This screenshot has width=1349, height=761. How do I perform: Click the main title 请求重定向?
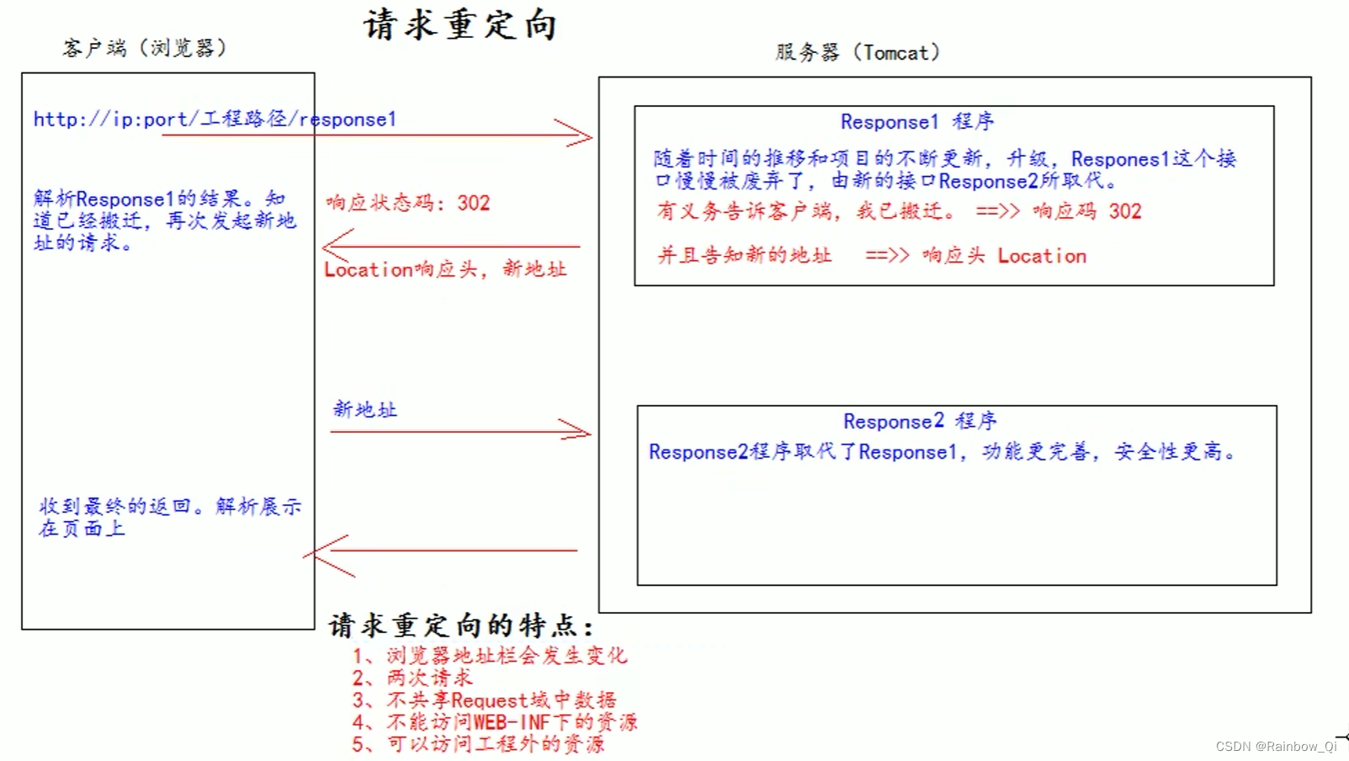click(460, 25)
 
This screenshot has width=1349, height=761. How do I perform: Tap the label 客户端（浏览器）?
click(145, 48)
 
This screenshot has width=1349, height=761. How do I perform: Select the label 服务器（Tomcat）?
click(858, 52)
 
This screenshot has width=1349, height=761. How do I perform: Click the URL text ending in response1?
click(215, 120)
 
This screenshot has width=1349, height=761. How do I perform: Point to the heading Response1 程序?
click(917, 122)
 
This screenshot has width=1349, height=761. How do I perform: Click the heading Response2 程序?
click(920, 421)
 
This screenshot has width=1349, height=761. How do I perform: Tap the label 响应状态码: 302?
click(408, 203)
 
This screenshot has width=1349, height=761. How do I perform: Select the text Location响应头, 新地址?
click(445, 269)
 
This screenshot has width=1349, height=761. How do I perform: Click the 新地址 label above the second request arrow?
click(365, 410)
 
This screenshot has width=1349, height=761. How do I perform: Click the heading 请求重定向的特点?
click(460, 625)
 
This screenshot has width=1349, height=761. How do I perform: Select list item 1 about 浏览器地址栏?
click(489, 656)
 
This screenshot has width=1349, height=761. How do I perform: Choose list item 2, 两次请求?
click(412, 678)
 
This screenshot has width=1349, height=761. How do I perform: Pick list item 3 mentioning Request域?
click(484, 700)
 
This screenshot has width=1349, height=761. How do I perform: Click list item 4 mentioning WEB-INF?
click(494, 722)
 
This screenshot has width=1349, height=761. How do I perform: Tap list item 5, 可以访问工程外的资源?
click(478, 744)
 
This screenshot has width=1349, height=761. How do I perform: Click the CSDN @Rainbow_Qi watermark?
click(1276, 747)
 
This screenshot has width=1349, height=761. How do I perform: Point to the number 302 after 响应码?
click(1125, 211)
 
